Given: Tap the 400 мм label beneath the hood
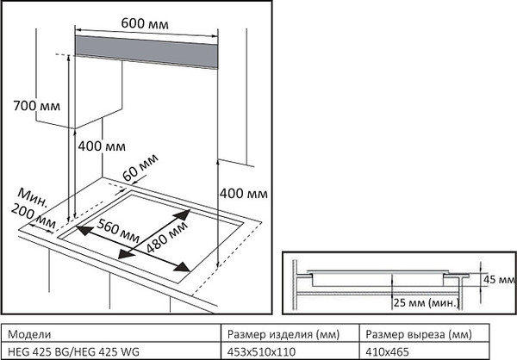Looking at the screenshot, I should tap(102, 146).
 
